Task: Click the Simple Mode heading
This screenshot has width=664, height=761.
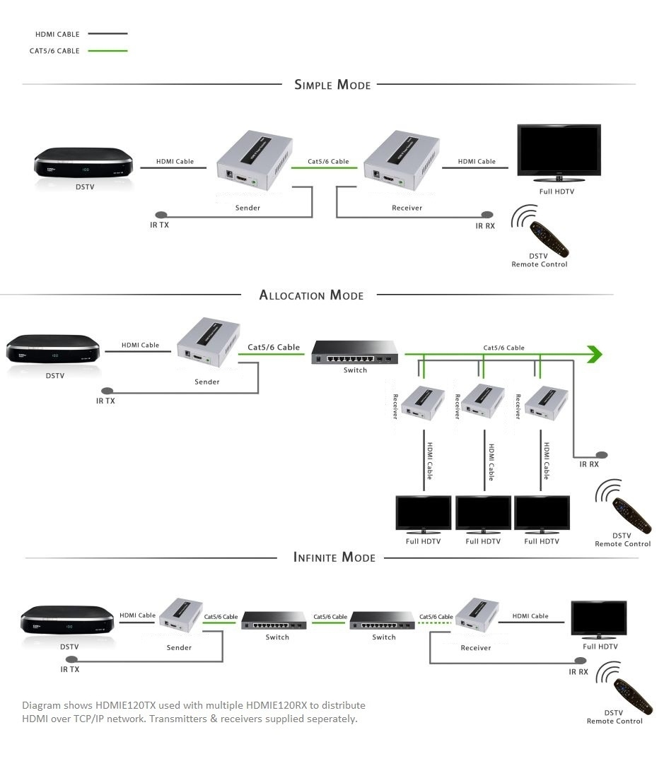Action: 332,85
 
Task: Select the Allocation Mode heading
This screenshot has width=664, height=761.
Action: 311,295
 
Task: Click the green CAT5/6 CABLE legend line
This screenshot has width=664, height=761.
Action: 107,51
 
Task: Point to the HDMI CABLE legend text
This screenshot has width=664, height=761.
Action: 57,34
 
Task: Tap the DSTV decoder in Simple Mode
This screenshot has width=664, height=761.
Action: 84,164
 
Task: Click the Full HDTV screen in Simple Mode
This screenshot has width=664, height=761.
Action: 559,150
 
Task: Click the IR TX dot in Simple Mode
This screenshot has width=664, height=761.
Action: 161,214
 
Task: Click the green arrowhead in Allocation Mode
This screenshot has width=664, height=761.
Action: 595,354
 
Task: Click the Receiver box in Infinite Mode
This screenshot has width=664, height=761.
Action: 477,615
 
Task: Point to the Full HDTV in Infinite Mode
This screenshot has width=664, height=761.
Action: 599,620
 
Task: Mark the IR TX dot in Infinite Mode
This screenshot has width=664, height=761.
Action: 65,661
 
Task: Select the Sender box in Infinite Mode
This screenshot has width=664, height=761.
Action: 179,617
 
